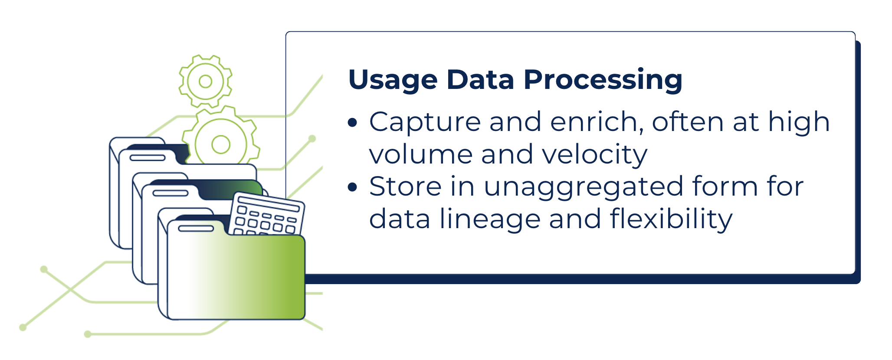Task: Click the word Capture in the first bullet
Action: click(x=425, y=122)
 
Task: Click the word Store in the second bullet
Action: click(x=405, y=187)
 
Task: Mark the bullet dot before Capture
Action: click(x=353, y=123)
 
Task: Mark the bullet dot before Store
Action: click(x=353, y=187)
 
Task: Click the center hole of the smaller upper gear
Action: click(x=205, y=81)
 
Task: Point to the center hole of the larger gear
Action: click(x=221, y=144)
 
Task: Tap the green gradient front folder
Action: click(x=236, y=273)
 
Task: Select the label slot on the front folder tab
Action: click(x=196, y=228)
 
